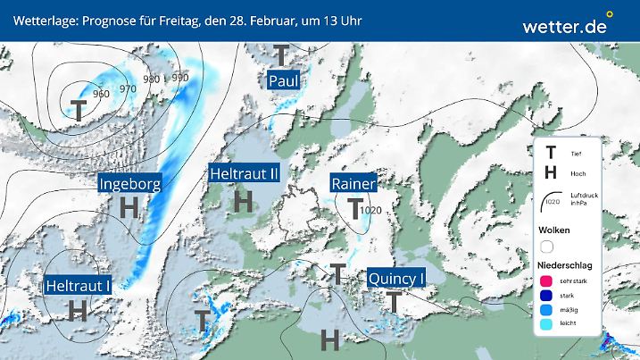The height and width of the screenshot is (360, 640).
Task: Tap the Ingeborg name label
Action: tap(130, 185)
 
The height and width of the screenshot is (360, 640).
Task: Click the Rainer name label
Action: tap(353, 185)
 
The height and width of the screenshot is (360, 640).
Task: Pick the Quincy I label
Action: tap(395, 279)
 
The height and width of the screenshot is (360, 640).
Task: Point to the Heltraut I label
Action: tap(78, 286)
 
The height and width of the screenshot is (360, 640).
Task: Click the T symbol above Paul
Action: tap(281, 56)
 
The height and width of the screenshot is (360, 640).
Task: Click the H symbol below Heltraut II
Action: tap(243, 202)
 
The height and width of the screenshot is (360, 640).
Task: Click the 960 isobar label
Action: tap(101, 94)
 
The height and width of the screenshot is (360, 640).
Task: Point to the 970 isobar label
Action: tap(128, 88)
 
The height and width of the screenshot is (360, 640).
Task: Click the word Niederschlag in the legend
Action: tap(565, 266)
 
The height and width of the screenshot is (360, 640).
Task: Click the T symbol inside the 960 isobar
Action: tap(79, 110)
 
